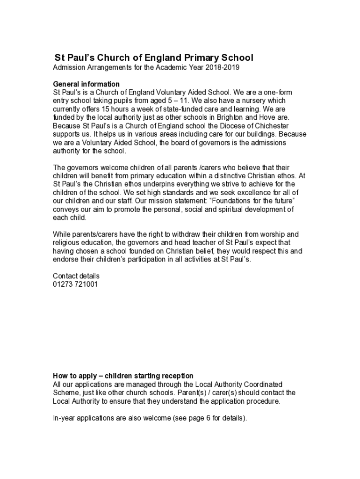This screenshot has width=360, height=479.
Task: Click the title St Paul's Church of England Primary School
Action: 154,58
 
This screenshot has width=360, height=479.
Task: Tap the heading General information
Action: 86,84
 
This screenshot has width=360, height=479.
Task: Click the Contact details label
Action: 76,276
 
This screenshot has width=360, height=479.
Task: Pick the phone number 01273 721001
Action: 75,284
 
